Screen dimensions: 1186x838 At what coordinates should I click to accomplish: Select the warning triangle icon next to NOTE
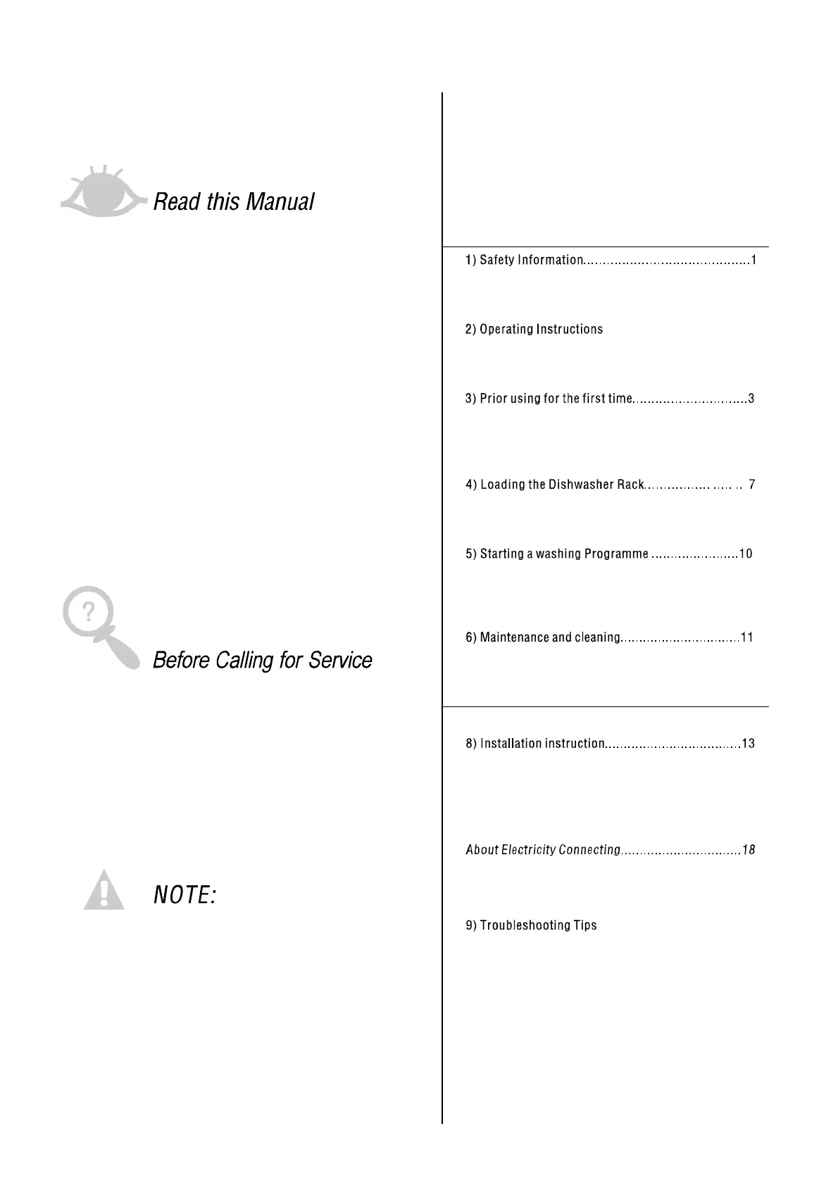click(104, 891)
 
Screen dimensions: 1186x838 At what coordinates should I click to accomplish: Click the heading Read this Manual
click(233, 202)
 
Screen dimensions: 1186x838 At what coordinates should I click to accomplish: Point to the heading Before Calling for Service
click(262, 661)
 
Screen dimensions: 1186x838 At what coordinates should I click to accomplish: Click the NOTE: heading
click(185, 896)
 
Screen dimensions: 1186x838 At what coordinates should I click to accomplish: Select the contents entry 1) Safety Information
click(524, 260)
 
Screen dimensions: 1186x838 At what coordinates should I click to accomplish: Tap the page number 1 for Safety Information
click(753, 260)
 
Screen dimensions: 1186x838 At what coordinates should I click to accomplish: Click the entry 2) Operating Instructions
click(534, 330)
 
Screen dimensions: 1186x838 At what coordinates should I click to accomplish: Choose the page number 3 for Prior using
click(751, 399)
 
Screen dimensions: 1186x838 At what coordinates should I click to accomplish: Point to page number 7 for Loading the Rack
click(751, 485)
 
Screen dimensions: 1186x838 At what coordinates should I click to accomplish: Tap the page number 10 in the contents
click(746, 554)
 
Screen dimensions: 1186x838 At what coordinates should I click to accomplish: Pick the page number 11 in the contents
click(747, 637)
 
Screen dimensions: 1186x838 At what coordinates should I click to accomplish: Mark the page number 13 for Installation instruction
click(748, 744)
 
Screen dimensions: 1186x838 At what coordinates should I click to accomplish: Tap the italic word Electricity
click(529, 850)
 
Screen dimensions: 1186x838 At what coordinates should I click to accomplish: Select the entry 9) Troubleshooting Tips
click(531, 925)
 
